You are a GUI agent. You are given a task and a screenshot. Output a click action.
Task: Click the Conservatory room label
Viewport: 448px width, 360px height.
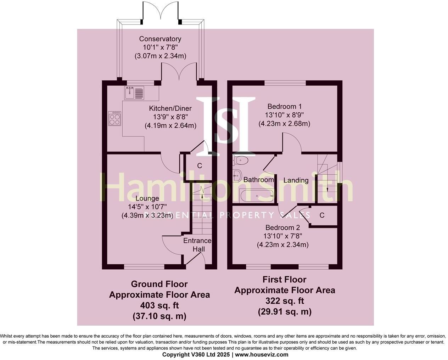tap(160, 39)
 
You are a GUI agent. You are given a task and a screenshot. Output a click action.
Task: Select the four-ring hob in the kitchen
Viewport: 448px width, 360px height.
tap(115, 118)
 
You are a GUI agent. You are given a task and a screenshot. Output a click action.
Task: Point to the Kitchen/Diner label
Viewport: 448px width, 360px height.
tap(170, 108)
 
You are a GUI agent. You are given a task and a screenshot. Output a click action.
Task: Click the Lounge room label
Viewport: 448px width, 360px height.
tap(147, 198)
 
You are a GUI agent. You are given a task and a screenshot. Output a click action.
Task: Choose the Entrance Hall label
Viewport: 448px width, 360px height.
tap(197, 245)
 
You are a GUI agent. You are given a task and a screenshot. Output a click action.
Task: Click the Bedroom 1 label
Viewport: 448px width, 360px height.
tap(284, 106)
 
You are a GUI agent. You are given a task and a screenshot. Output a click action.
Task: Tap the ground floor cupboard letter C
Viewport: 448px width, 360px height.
tap(200, 165)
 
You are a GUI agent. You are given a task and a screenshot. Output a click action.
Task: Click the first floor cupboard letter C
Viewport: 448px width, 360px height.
tap(322, 215)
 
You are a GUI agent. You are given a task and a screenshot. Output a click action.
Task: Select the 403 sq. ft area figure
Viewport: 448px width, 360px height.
tap(159, 305)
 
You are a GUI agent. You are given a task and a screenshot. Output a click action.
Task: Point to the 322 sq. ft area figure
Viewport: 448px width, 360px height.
tap(285, 301)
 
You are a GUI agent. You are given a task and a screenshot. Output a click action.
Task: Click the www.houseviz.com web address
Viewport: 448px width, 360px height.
tap(262, 355)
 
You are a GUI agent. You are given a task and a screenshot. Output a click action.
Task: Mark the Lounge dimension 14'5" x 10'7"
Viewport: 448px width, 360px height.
tap(147, 207)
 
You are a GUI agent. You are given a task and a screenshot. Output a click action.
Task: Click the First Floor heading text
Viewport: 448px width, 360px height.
tap(284, 280)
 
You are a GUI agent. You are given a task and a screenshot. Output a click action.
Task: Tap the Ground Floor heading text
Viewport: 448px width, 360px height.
tap(159, 284)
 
